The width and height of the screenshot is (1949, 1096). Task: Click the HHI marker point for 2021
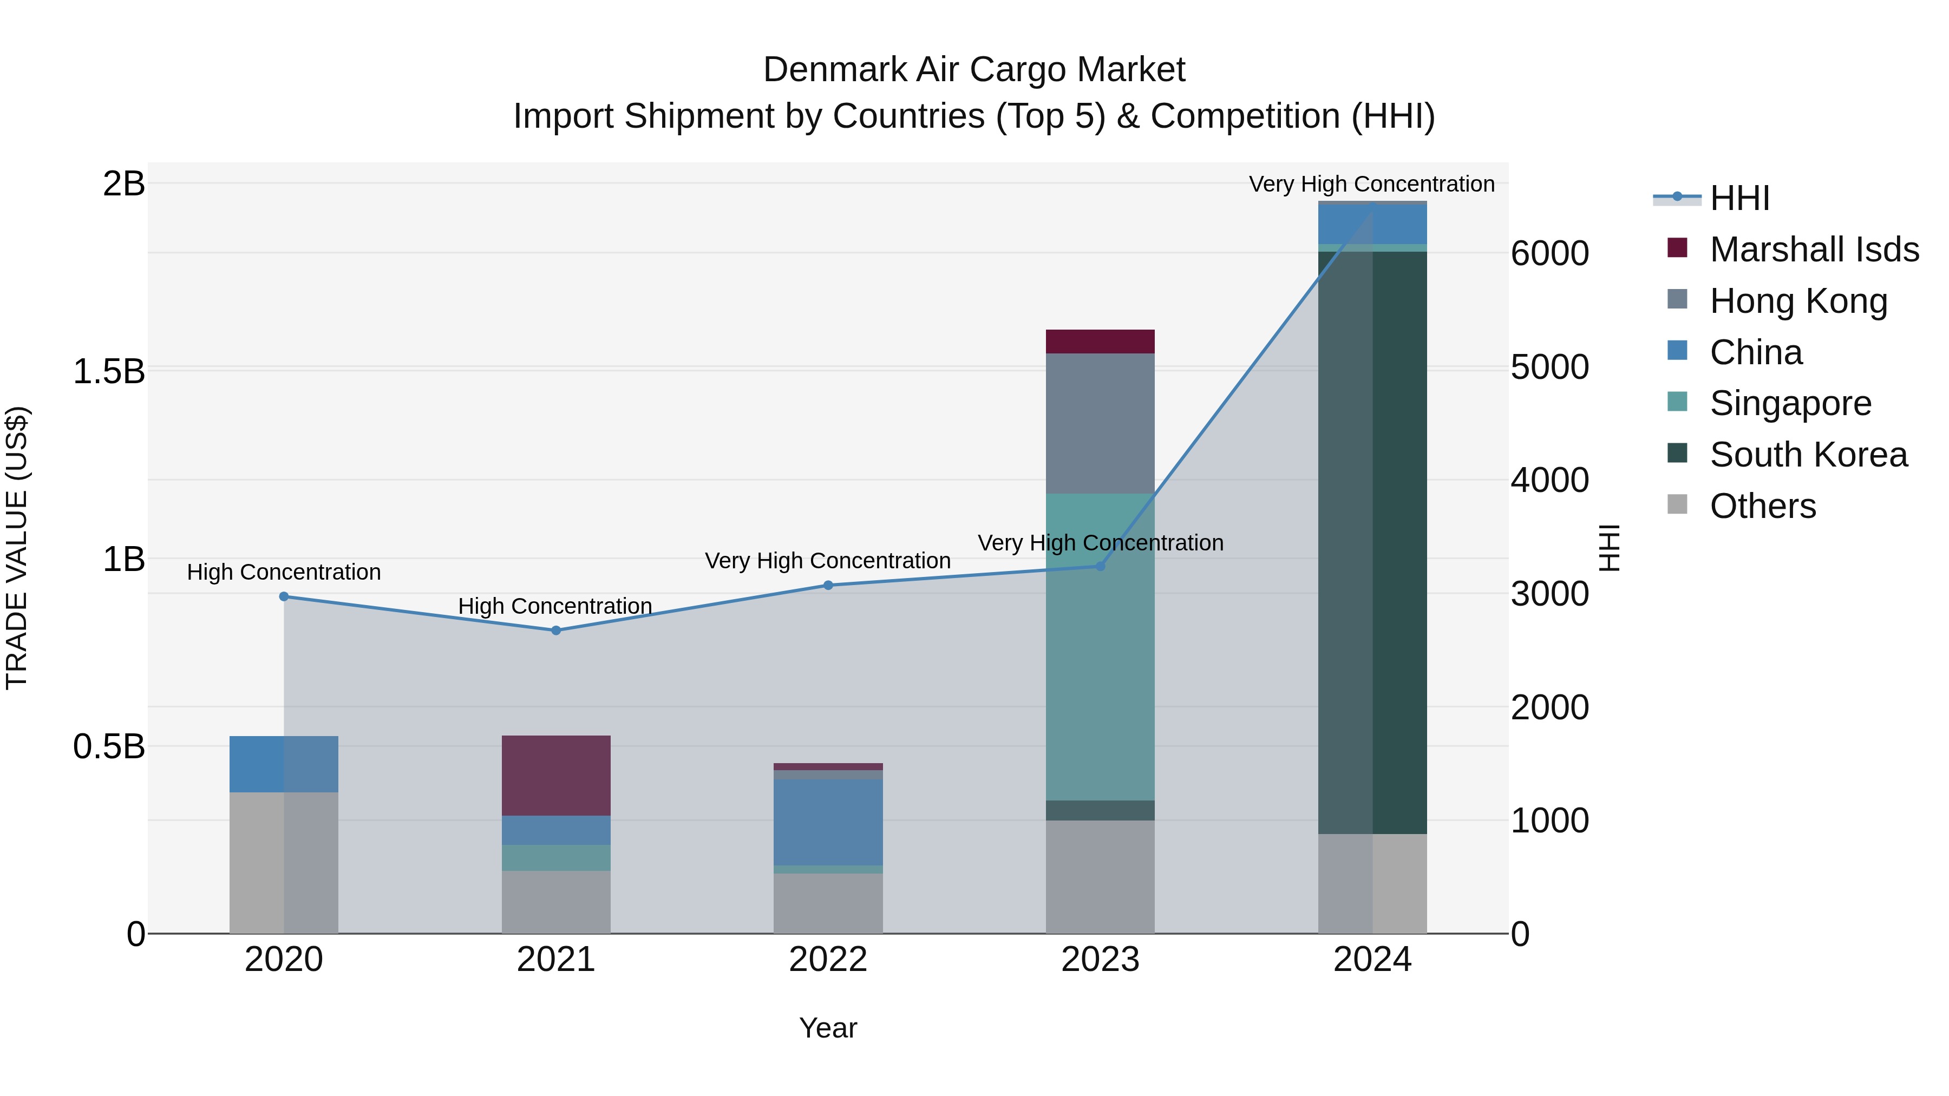pyautogui.click(x=556, y=630)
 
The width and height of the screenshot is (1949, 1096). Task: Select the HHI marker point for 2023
pyautogui.click(x=1100, y=566)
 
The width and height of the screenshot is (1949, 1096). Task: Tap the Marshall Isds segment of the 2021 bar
pyautogui.click(x=556, y=775)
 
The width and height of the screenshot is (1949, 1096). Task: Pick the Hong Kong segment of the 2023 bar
pyautogui.click(x=1100, y=424)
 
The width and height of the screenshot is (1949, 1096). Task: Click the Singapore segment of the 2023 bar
pyautogui.click(x=1100, y=647)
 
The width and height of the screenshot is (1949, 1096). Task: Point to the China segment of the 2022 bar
pyautogui.click(x=828, y=822)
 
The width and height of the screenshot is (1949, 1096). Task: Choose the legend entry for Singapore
pyautogui.click(x=1790, y=403)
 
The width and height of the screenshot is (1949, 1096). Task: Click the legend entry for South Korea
pyautogui.click(x=1808, y=455)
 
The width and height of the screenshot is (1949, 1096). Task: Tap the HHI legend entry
pyautogui.click(x=1738, y=198)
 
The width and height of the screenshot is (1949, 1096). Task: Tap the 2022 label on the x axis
pyautogui.click(x=828, y=960)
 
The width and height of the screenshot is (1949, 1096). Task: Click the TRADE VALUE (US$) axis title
pyautogui.click(x=17, y=548)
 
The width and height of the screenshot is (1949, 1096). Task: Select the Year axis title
pyautogui.click(x=828, y=1028)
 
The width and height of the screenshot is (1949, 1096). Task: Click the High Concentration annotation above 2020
pyautogui.click(x=284, y=572)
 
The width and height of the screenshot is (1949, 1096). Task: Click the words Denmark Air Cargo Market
pyautogui.click(x=974, y=70)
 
